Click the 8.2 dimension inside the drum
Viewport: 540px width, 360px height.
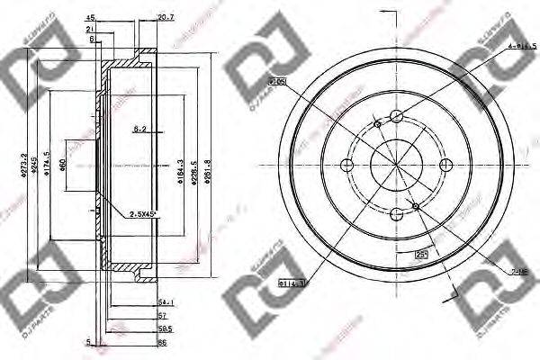140,130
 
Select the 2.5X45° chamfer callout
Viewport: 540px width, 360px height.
140,213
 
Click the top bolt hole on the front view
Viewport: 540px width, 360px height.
397,115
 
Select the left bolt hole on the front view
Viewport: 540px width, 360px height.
346,165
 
